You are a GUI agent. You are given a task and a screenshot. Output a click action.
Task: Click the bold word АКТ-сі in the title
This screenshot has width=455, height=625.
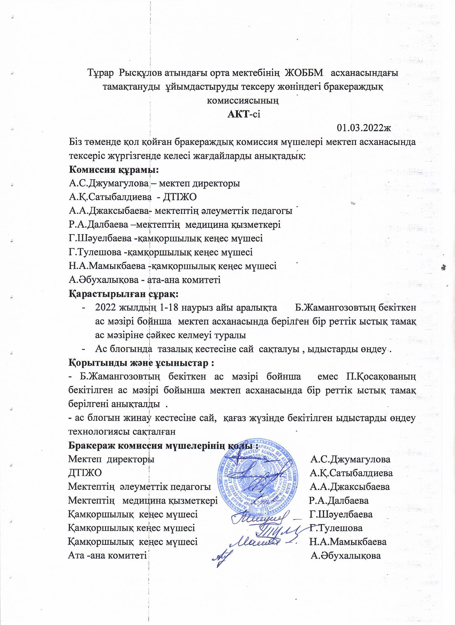244,114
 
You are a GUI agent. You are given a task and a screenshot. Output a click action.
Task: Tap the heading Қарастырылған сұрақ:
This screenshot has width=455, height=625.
123,294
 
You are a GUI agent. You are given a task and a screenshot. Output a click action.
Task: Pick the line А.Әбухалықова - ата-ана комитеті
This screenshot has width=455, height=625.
144,280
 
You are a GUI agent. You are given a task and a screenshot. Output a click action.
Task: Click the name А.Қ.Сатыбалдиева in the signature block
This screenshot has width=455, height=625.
351,473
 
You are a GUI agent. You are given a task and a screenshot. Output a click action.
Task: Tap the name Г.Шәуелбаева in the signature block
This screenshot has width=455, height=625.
341,515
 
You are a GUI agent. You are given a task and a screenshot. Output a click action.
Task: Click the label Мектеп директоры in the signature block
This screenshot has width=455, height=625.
111,459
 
